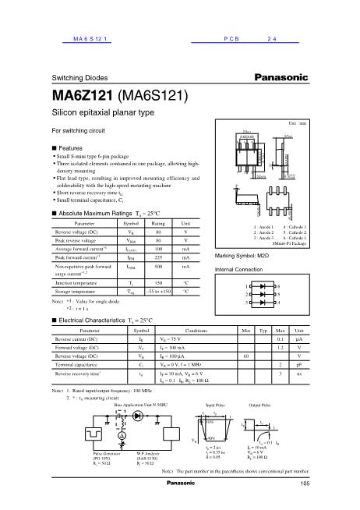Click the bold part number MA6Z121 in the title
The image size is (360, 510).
pyautogui.click(x=82, y=97)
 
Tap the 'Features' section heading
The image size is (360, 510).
pyautogui.click(x=71, y=148)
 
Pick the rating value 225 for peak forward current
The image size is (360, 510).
pyautogui.click(x=158, y=255)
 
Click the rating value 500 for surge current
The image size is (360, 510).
pyautogui.click(x=158, y=267)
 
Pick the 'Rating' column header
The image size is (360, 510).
pyautogui.click(x=158, y=223)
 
